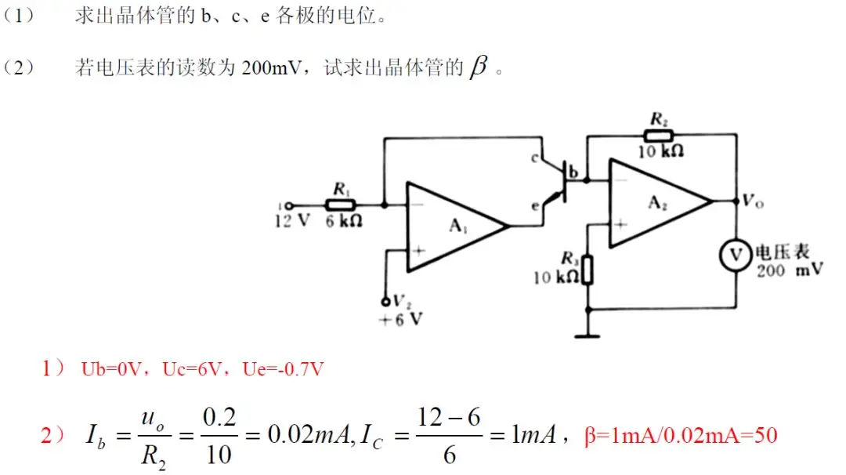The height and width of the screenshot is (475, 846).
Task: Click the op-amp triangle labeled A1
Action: tap(450, 227)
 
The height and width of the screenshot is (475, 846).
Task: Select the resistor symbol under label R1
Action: tap(341, 205)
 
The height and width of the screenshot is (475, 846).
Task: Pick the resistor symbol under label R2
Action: tap(657, 134)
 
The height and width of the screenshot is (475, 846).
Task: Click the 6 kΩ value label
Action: tap(344, 221)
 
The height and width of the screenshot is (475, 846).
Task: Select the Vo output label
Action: tap(753, 201)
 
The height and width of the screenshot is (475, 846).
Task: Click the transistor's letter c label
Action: tap(536, 159)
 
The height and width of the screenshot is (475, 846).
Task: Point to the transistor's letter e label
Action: tap(535, 206)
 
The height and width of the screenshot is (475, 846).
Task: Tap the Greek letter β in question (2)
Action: tap(477, 68)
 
